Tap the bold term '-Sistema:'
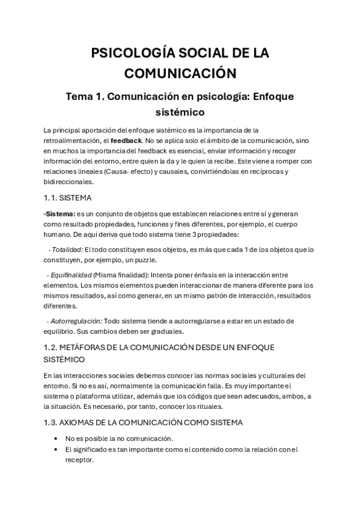click(59, 214)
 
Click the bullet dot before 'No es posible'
click(56, 438)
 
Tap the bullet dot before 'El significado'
click(56, 449)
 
